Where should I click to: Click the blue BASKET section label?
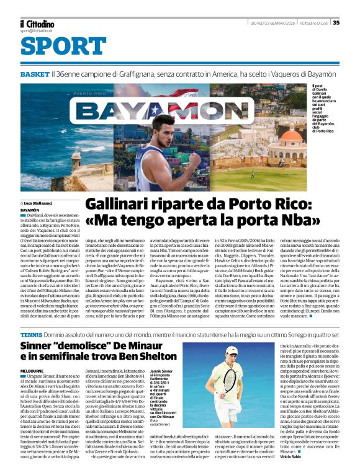pyautogui.click(x=34, y=74)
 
